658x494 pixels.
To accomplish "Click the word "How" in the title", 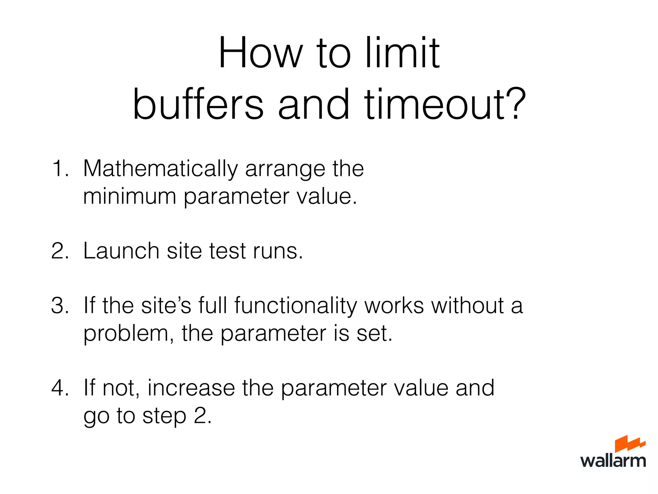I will click(261, 53).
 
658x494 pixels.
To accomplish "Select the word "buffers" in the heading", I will click(198, 105).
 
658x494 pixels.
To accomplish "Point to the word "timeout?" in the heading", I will click(445, 105).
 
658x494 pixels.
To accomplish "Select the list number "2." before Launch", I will click(60, 251).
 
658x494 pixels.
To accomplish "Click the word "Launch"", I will click(121, 251).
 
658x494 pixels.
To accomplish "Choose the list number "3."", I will click(60, 305).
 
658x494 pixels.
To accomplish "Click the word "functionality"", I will click(295, 306).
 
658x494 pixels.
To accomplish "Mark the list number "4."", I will click(60, 388).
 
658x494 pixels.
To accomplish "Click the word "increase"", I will click(191, 388).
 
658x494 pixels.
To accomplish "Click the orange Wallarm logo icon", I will click(629, 444).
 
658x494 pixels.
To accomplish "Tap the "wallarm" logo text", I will click(613, 461).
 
